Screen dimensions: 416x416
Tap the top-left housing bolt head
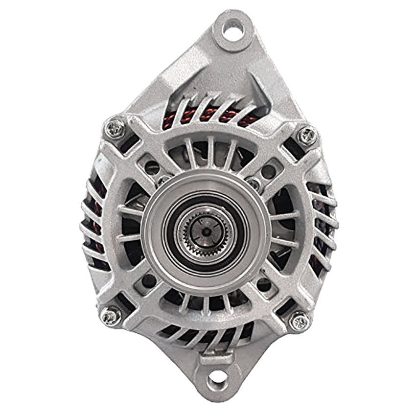click(x=116, y=129)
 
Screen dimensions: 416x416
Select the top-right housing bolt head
click(x=307, y=136)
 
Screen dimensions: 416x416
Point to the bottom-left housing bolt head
click(x=110, y=316)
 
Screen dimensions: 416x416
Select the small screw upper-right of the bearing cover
click(x=254, y=185)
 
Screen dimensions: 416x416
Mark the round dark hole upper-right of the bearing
click(x=268, y=171)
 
